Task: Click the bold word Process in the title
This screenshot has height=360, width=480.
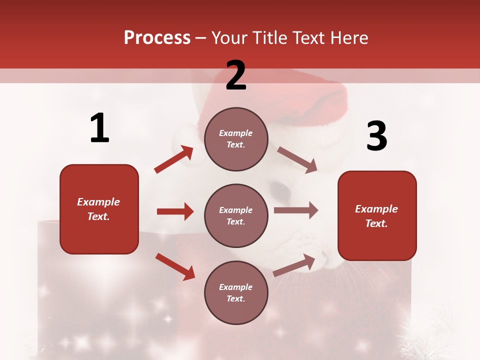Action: [x=157, y=38]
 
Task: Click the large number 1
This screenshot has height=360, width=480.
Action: [x=99, y=128]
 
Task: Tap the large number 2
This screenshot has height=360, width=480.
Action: [x=236, y=75]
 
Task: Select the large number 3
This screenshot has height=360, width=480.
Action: [x=376, y=136]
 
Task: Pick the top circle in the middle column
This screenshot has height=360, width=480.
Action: [x=236, y=139]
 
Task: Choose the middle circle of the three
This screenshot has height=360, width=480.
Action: [x=236, y=215]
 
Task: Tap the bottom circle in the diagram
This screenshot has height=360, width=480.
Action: [x=236, y=292]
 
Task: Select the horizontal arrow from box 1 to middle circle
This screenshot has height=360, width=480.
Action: [x=175, y=211]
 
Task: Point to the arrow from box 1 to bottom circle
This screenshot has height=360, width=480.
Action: [x=175, y=266]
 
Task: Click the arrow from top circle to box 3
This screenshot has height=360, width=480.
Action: [x=297, y=159]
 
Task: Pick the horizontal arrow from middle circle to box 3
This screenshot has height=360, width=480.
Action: [x=295, y=210]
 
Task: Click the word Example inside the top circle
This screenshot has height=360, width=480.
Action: [x=236, y=133]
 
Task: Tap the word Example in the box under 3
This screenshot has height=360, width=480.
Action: [x=376, y=209]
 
